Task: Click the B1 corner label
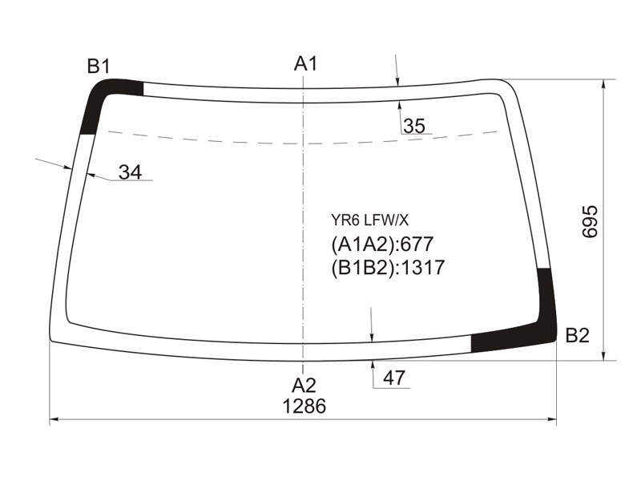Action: click(x=99, y=66)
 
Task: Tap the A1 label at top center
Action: click(x=305, y=64)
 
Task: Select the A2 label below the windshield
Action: click(x=304, y=386)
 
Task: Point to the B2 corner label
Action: click(x=577, y=335)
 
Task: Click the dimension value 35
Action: click(x=414, y=126)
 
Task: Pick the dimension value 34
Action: click(x=130, y=172)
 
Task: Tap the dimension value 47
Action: click(x=393, y=378)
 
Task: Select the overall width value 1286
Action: click(x=304, y=406)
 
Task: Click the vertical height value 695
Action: click(x=590, y=222)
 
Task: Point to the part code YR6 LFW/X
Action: click(x=369, y=221)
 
